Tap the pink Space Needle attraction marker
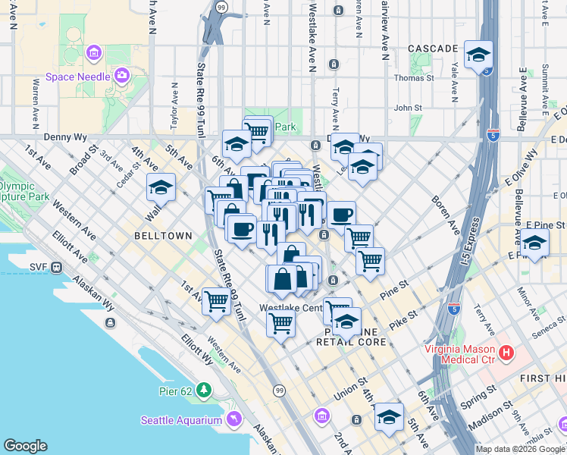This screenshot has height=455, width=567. [x=122, y=75]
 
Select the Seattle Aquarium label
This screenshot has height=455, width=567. [x=181, y=420]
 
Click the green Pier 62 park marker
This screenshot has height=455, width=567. [x=203, y=390]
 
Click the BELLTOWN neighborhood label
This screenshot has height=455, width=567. [x=163, y=236]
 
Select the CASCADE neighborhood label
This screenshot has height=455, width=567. [x=433, y=49]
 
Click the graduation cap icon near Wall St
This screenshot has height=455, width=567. [x=161, y=187]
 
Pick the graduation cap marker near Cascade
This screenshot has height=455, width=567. [x=479, y=55]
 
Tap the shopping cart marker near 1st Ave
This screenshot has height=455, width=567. [x=217, y=301]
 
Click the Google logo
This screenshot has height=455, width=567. [x=25, y=446]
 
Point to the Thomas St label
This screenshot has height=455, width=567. [x=413, y=77]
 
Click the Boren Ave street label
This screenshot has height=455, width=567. [x=446, y=213]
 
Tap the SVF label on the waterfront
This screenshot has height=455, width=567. [x=39, y=266]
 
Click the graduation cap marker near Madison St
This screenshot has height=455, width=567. [x=390, y=417]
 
